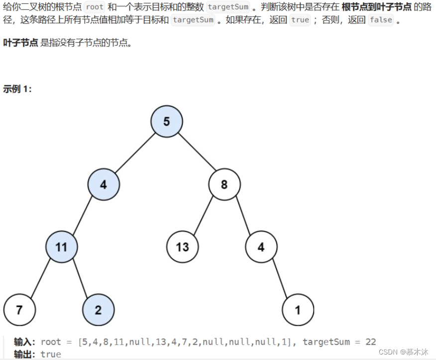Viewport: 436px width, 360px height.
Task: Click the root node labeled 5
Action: (167, 121)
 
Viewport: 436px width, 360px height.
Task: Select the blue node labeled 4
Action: (104, 185)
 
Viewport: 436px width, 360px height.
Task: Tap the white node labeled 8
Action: (224, 185)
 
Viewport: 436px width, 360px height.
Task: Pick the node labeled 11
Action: (61, 246)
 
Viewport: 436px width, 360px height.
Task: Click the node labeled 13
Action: (182, 246)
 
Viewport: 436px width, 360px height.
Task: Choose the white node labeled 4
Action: (261, 246)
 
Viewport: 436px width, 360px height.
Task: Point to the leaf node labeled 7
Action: (19, 310)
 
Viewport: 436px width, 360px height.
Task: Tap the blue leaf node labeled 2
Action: (98, 310)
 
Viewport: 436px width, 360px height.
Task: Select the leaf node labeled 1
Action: (298, 310)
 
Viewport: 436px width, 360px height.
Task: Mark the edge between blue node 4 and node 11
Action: (83, 215)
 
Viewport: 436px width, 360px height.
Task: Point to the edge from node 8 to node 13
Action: (203, 215)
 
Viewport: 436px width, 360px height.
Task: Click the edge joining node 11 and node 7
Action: (40, 278)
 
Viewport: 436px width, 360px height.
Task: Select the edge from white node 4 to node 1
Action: (279, 278)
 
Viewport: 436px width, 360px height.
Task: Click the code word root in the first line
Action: (94, 7)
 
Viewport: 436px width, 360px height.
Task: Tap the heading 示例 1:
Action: (17, 89)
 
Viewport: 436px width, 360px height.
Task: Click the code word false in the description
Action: (381, 20)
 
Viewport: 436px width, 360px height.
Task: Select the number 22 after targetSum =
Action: (370, 342)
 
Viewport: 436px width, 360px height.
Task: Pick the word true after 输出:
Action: (51, 354)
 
